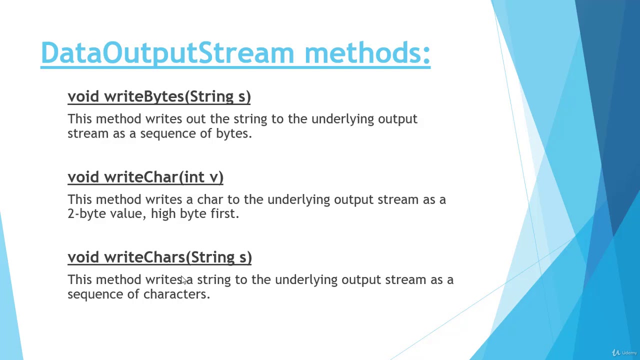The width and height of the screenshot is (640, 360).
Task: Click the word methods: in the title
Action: point(367,53)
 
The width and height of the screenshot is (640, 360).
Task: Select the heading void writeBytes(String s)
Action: point(159,96)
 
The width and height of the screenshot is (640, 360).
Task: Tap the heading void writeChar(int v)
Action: point(145,177)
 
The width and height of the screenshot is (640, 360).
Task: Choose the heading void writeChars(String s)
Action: point(159,257)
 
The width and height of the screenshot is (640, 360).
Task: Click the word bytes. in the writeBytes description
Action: point(233,133)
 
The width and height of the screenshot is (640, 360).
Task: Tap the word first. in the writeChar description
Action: point(224,213)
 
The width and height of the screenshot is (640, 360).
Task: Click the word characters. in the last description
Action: point(176,294)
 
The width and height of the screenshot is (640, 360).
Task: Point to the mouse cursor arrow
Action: point(183,280)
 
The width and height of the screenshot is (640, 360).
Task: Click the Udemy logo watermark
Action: point(624,352)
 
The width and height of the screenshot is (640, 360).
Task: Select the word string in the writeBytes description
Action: point(250,119)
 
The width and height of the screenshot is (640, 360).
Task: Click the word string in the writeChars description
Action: point(213,280)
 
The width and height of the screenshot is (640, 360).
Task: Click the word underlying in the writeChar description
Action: point(298,200)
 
